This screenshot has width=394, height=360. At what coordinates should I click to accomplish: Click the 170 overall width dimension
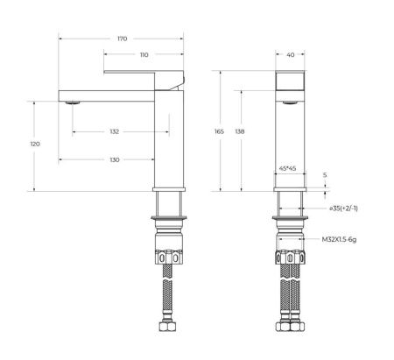click(x=122, y=39)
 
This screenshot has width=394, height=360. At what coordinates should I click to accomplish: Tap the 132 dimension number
click(x=115, y=131)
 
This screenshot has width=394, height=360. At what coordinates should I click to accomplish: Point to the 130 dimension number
click(x=115, y=159)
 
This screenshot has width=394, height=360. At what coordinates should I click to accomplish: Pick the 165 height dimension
click(x=219, y=131)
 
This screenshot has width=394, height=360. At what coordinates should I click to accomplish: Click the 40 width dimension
click(x=290, y=55)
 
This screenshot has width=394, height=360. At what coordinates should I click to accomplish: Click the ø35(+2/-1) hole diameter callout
click(x=345, y=209)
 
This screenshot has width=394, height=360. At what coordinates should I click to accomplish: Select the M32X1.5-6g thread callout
click(x=345, y=239)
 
